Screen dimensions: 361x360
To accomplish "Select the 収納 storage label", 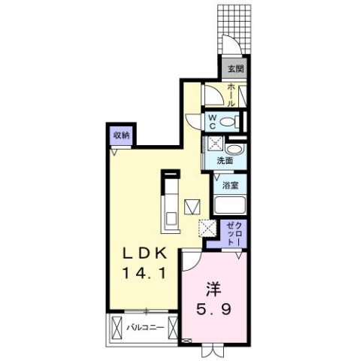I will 122,136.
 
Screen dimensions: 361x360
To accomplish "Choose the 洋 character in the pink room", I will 213,288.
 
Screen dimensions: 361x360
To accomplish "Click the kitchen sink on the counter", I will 171,219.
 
